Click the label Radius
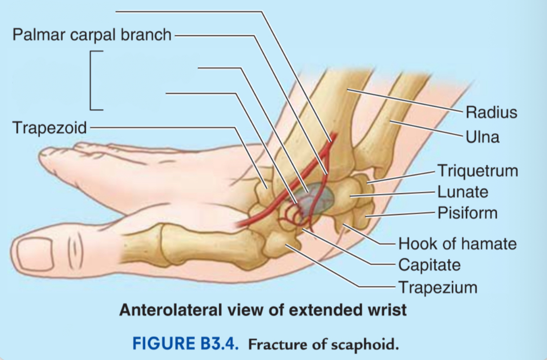click(x=491, y=112)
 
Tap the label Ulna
click(x=483, y=137)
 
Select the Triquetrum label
click(x=478, y=171)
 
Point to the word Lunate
click(x=463, y=192)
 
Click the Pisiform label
click(x=468, y=213)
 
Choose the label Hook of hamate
click(x=458, y=243)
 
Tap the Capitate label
click(x=430, y=265)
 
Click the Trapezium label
click(x=438, y=288)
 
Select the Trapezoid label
click(x=50, y=128)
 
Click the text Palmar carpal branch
click(x=92, y=35)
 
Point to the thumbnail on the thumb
click(x=36, y=254)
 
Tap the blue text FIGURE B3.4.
click(x=186, y=343)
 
